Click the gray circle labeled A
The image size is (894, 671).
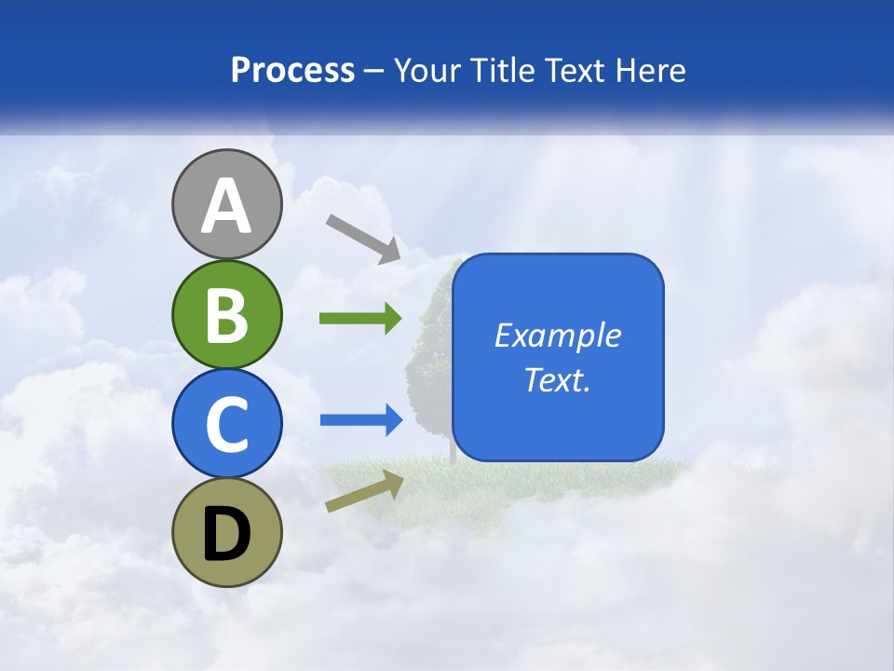(226, 204)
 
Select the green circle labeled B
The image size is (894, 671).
(226, 314)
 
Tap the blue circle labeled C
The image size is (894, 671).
(226, 423)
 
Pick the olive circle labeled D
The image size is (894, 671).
(226, 532)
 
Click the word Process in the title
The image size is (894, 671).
(292, 70)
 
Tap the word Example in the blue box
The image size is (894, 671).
(557, 335)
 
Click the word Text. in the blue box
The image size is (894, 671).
(557, 379)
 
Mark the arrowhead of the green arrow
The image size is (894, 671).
(392, 319)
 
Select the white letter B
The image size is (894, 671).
(226, 314)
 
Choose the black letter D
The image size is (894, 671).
(226, 533)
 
